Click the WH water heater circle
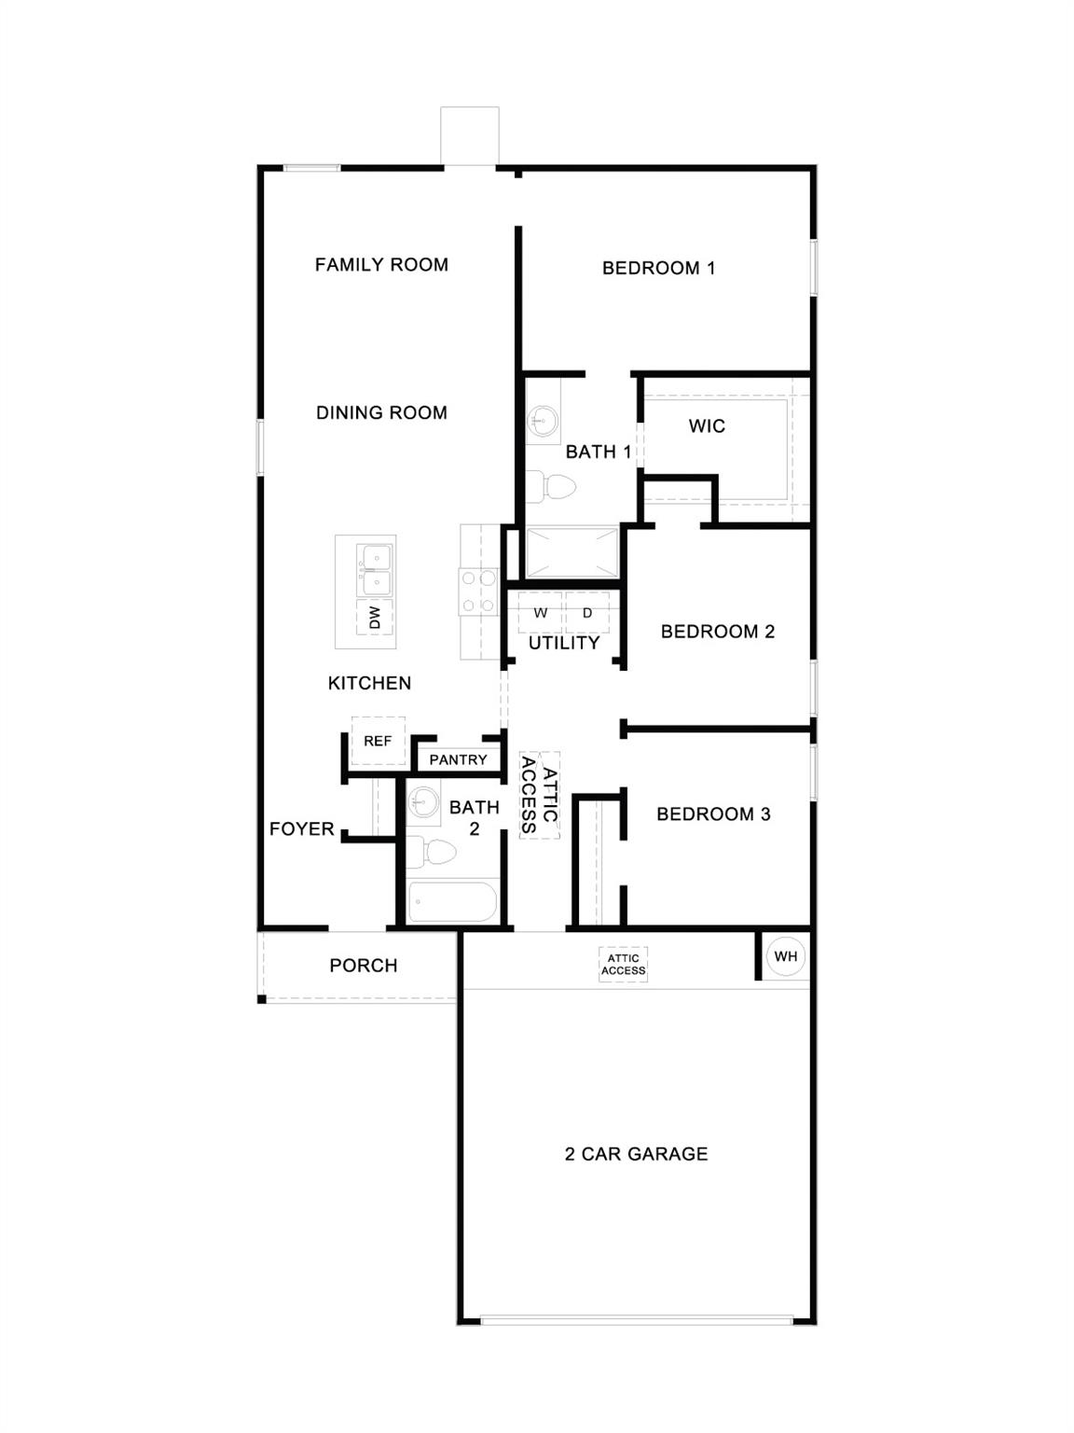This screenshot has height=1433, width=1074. click(x=786, y=956)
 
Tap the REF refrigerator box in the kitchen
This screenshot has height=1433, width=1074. click(x=378, y=741)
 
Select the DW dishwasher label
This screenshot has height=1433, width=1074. click(x=375, y=617)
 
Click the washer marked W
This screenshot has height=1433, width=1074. click(x=541, y=613)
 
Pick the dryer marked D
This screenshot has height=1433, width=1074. click(x=587, y=613)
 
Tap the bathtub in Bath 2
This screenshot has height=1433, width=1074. click(x=453, y=902)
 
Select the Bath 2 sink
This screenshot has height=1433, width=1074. click(x=423, y=801)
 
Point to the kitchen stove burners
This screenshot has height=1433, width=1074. click(x=477, y=592)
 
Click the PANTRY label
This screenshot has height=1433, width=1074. click(x=458, y=759)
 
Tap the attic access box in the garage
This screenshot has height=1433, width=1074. click(x=623, y=965)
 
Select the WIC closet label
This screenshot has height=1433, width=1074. click(x=707, y=426)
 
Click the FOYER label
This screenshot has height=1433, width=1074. click(x=301, y=828)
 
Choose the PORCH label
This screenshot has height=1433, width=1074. click(x=364, y=966)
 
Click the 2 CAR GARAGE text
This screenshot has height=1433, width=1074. click(x=637, y=1154)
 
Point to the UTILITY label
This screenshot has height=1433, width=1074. click(x=564, y=643)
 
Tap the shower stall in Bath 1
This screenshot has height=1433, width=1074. click(x=571, y=553)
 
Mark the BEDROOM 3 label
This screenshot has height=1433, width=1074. click(x=713, y=814)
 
